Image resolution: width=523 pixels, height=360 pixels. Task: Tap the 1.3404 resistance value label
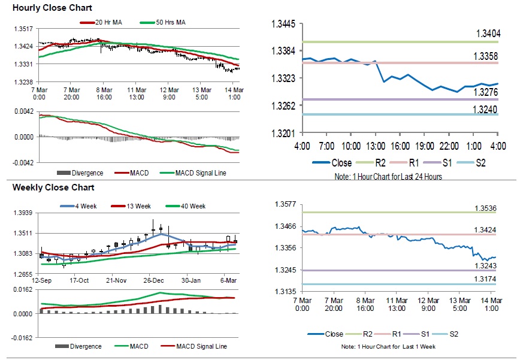pos(488,33)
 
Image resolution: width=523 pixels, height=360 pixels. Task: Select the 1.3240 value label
pos(488,109)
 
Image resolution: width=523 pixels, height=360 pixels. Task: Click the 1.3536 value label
pos(488,208)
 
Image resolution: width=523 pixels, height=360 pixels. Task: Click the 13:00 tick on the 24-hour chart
pos(376,146)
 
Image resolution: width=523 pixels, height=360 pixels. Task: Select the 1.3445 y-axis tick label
pos(284,24)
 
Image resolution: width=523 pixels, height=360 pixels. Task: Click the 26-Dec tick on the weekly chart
pos(154,280)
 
